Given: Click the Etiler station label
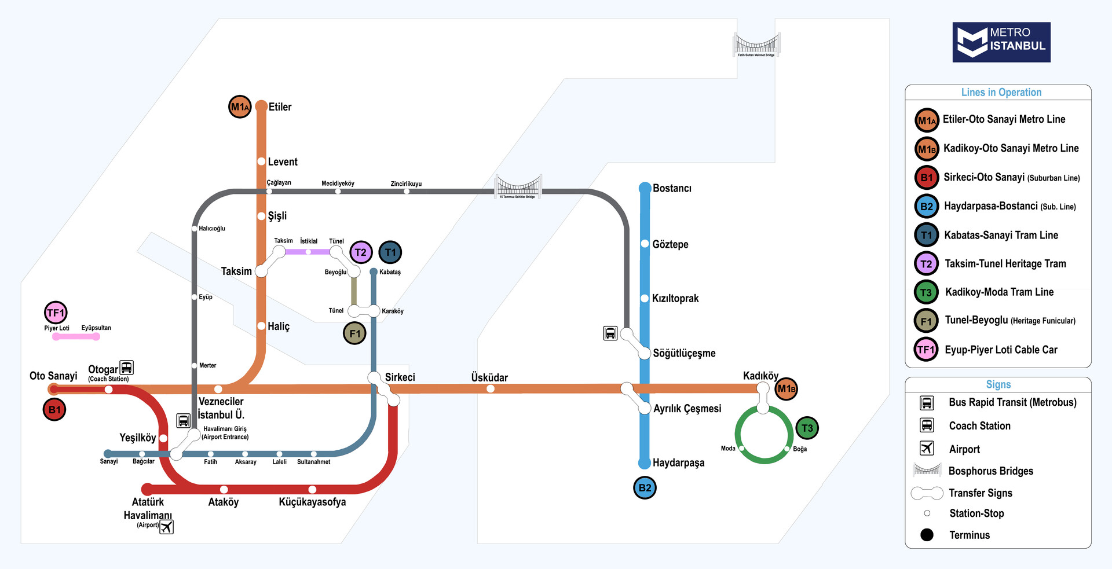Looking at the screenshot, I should coord(280,107).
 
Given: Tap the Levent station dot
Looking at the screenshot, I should coord(261,161).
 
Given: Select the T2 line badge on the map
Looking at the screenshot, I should coord(361,252).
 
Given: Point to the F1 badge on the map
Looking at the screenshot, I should coord(354,333).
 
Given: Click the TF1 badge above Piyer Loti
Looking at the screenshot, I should coord(56,313).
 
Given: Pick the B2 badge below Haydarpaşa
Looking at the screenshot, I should coord(645,488).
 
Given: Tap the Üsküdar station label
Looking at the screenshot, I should coord(489,377).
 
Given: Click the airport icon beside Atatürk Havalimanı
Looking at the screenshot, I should coord(167,527).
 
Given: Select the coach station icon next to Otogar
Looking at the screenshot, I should coord(127,368).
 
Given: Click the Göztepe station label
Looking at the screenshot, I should coord(670,244).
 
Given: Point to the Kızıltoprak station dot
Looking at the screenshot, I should coord(645,298).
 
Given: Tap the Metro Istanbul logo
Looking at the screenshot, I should coord(1001,42).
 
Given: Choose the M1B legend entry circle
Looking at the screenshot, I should coord(927,149).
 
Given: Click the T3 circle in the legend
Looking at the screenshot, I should coord(926,292).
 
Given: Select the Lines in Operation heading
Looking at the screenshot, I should coord(1001,93).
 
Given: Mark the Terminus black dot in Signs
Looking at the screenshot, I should coord(927,535).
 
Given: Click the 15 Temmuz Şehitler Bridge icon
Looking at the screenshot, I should coord(518,186).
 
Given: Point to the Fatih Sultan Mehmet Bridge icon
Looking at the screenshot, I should coord(756,45).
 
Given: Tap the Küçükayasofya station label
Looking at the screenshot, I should coord(312,502).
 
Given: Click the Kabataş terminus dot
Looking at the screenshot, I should coord(374,271).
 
